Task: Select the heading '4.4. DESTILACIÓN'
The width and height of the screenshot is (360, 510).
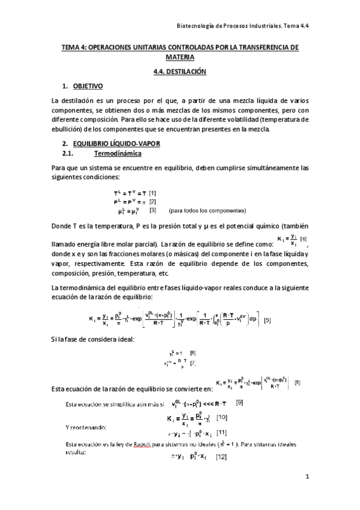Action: point(180,72)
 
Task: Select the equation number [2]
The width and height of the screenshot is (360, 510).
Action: point(153,201)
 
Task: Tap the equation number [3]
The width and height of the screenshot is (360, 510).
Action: point(153,210)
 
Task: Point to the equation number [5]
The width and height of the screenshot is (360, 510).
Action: point(267,320)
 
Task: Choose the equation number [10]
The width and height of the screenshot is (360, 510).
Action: point(222,417)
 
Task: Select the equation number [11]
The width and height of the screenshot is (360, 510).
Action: point(222,432)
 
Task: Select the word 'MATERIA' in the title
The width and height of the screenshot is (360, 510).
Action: point(180,58)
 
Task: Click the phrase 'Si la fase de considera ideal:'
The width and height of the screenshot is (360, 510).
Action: point(93,340)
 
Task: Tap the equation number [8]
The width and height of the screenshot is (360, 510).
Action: point(297,382)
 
